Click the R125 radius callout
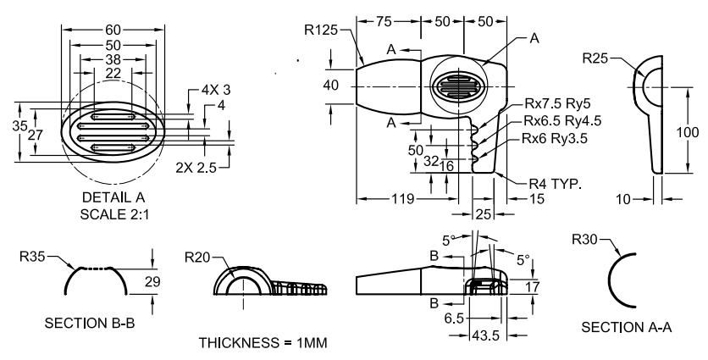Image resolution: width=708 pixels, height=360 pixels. (x=319, y=30)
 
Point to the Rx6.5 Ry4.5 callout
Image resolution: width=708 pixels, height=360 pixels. (x=562, y=122)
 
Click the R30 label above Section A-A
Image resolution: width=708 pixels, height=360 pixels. (x=587, y=241)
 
